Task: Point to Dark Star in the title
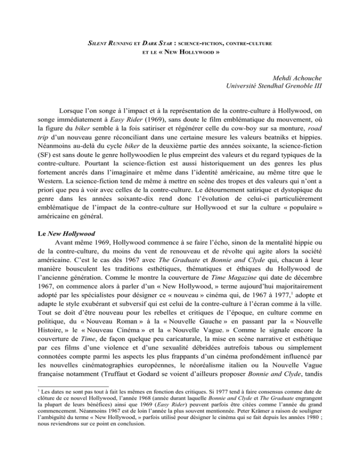coord(154,44)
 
